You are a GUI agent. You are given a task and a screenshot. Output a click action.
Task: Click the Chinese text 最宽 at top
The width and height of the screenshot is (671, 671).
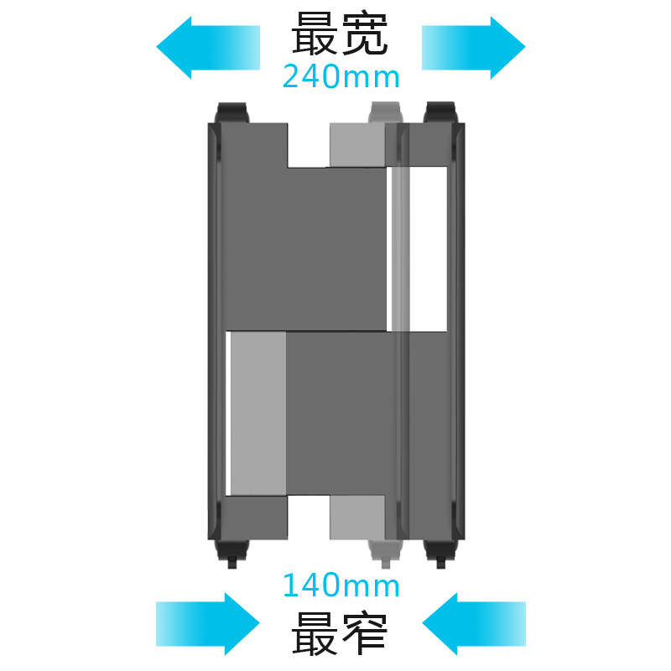pos(340,34)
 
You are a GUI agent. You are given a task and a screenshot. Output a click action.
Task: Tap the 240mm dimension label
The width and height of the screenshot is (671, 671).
pos(341,77)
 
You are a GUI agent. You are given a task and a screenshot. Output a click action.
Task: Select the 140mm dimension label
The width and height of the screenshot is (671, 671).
pos(341,585)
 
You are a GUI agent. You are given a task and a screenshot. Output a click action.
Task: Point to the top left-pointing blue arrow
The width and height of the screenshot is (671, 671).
pos(208,48)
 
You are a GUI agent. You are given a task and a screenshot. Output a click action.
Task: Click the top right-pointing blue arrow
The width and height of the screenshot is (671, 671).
pos(474,48)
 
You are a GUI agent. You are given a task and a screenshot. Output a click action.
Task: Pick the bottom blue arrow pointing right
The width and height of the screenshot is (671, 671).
pos(208,623)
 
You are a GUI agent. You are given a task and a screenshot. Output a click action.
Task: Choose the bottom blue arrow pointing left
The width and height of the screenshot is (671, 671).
pos(474,623)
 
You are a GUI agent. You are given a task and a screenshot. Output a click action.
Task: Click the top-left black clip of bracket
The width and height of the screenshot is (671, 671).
pos(232,112)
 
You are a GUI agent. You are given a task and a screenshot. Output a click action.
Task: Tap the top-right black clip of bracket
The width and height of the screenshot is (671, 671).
pos(440,112)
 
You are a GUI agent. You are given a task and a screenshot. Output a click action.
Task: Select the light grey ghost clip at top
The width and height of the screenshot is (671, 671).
pos(386,112)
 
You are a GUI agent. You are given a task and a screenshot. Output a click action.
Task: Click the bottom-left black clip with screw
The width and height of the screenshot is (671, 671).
pos(232,554)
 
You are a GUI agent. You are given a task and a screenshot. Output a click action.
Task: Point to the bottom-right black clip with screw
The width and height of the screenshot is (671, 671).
pos(440,554)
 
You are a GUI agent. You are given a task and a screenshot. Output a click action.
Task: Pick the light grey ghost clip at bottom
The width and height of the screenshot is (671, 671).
pos(386,554)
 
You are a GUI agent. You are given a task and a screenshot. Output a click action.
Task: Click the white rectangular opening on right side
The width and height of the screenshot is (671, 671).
pos(429,249)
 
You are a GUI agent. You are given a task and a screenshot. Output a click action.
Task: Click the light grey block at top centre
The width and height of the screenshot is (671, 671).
pos(357,145)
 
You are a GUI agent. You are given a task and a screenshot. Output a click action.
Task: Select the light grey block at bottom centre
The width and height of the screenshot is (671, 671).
pos(357,518)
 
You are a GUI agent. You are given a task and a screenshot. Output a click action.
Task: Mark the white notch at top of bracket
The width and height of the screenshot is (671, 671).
pos(309,145)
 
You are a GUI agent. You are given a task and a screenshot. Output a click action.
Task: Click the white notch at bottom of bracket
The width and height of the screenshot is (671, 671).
pos(309,518)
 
